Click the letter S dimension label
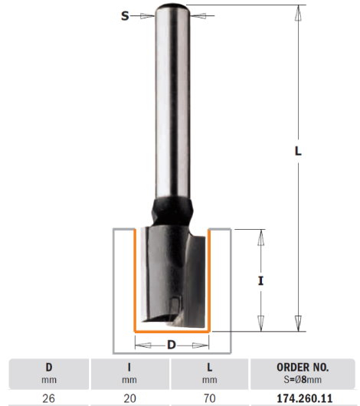coord(125,16)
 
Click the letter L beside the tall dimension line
coord(298,151)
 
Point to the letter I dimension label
coord(260,280)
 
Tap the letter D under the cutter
coord(172,345)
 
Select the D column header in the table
coord(49,367)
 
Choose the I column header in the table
coord(129,367)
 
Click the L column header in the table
coord(210,367)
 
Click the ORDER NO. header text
coord(303,368)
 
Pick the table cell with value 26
coord(49,398)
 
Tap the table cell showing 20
coord(129,398)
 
